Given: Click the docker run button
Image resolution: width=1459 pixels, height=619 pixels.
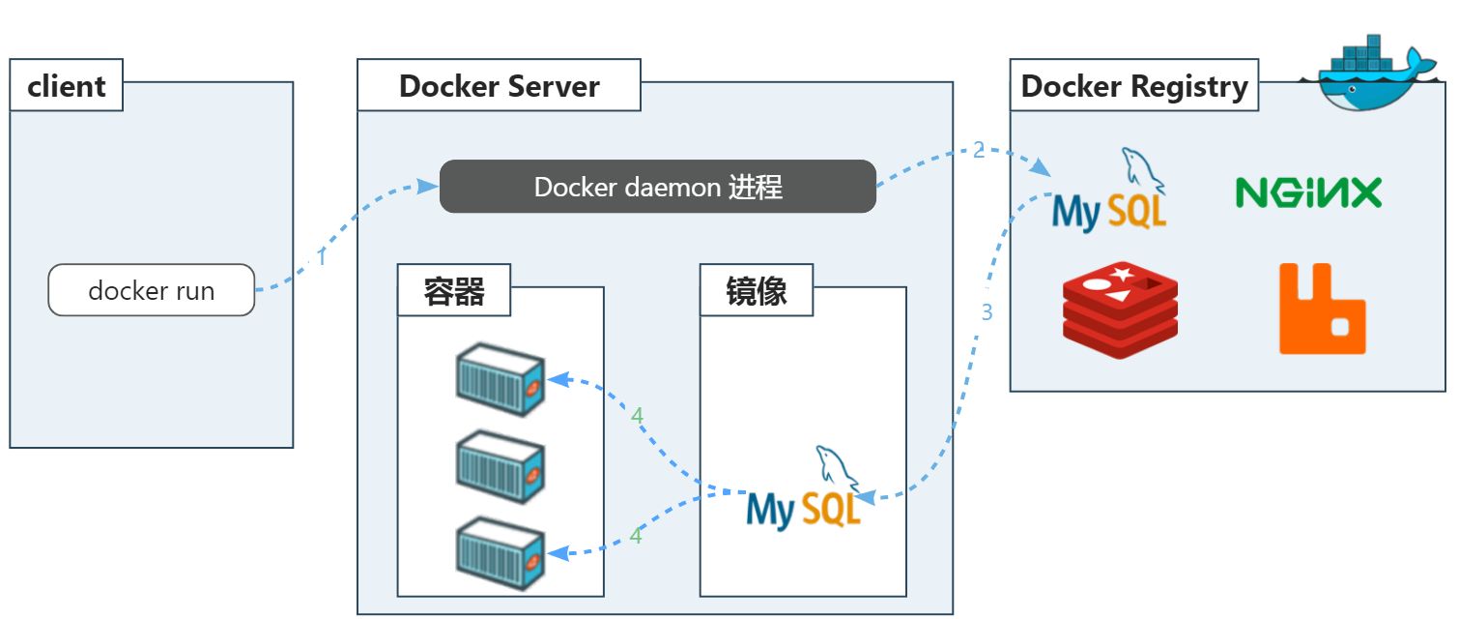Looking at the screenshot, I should point(152,290).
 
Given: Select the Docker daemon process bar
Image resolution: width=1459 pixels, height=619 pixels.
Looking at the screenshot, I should point(658,187).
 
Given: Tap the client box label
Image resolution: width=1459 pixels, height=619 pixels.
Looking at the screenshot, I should point(67,86).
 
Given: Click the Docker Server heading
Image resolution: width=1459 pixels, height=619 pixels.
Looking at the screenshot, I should point(499,86).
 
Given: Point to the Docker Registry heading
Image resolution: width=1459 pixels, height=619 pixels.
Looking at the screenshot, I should point(1134,86).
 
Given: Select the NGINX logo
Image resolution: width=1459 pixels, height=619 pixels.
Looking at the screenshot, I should point(1308,192).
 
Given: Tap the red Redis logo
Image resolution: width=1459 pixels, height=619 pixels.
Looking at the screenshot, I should point(1120,310).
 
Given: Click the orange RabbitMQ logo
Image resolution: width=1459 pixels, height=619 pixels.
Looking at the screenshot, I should point(1322,309).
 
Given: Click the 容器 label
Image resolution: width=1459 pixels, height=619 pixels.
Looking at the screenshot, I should point(454,292).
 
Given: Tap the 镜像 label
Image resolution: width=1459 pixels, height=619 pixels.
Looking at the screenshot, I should point(757,292).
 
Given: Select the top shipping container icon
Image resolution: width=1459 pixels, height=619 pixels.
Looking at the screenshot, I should point(501,379).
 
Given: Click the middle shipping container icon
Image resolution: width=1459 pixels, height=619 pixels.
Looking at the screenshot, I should point(501,466).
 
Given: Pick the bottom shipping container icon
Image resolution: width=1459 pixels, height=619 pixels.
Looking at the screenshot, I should point(501,554).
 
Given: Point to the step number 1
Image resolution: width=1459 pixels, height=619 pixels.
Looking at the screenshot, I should point(322,258).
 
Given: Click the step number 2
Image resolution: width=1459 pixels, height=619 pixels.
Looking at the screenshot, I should point(979,150).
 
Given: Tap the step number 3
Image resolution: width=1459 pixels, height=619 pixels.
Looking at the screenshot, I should point(987,312).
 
